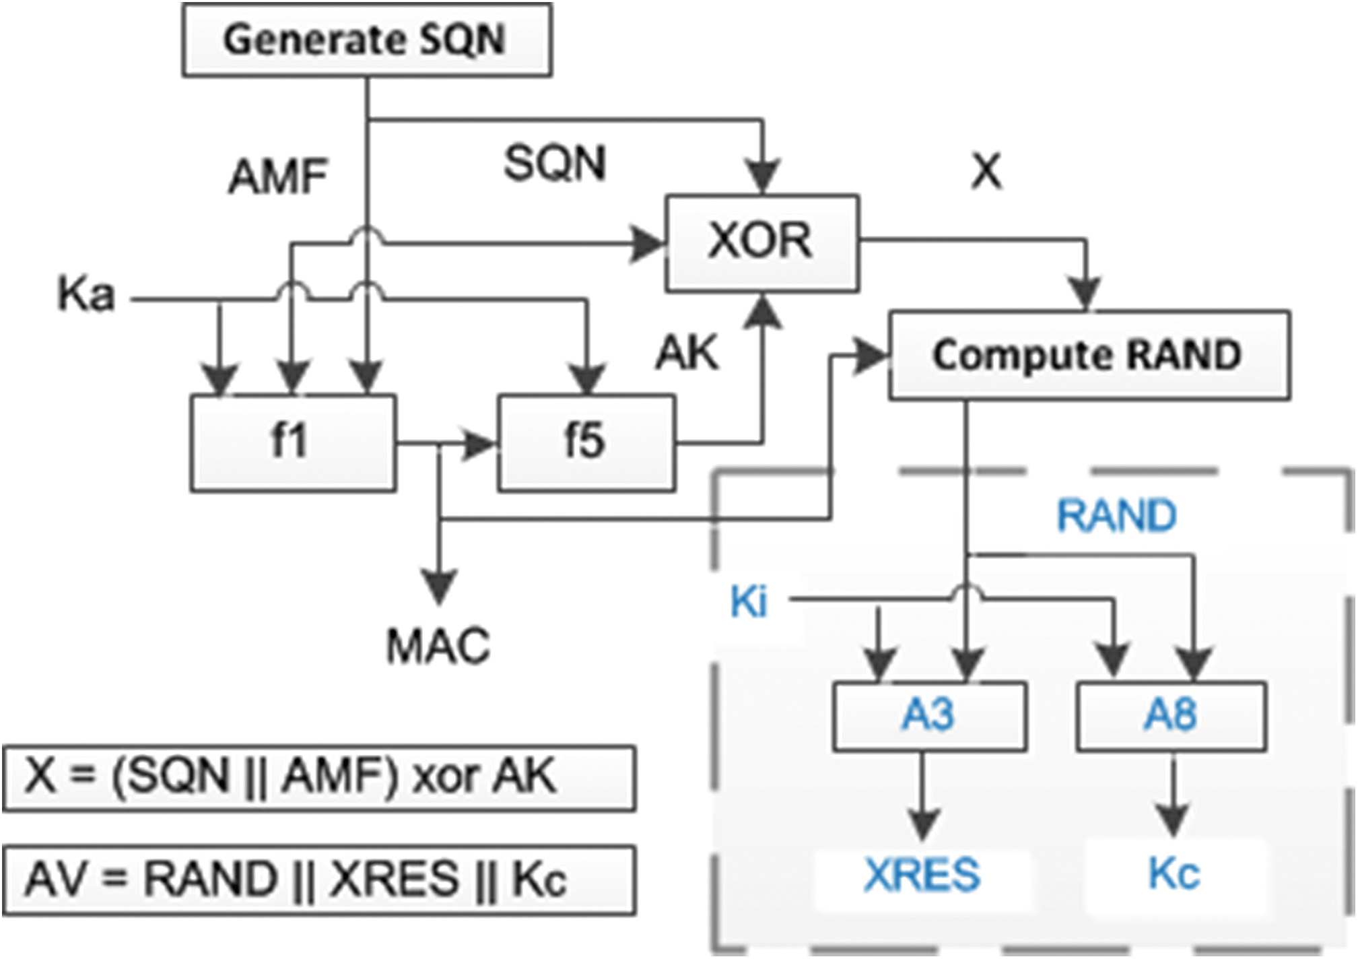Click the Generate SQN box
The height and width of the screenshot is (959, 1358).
[367, 40]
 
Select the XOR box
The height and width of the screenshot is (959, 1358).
[761, 242]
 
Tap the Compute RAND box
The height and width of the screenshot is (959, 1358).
[1089, 355]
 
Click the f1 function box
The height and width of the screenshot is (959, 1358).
[292, 442]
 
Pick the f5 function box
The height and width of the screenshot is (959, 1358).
[586, 442]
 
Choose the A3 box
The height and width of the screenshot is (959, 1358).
[929, 716]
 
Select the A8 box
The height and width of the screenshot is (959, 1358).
[1171, 716]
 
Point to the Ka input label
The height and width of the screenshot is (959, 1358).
[86, 295]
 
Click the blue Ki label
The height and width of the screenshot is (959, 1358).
[749, 601]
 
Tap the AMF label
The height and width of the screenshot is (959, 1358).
[278, 176]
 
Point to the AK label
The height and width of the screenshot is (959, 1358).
[687, 352]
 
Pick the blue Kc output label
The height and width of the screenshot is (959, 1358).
[1174, 873]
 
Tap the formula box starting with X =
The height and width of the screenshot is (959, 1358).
[318, 777]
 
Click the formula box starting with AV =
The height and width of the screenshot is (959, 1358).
[318, 880]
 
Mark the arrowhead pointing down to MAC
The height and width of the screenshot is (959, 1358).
[440, 587]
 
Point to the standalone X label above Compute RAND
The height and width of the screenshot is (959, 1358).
[986, 172]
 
